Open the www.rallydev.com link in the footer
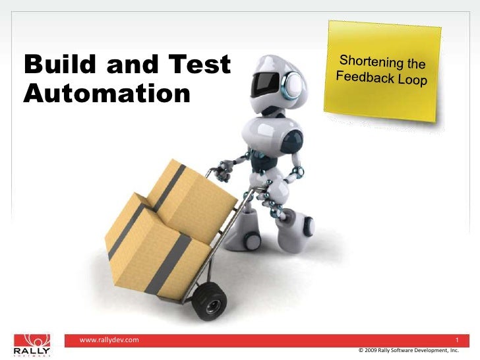coord(109,340)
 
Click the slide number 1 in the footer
coord(456,340)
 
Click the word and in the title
coord(126,65)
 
